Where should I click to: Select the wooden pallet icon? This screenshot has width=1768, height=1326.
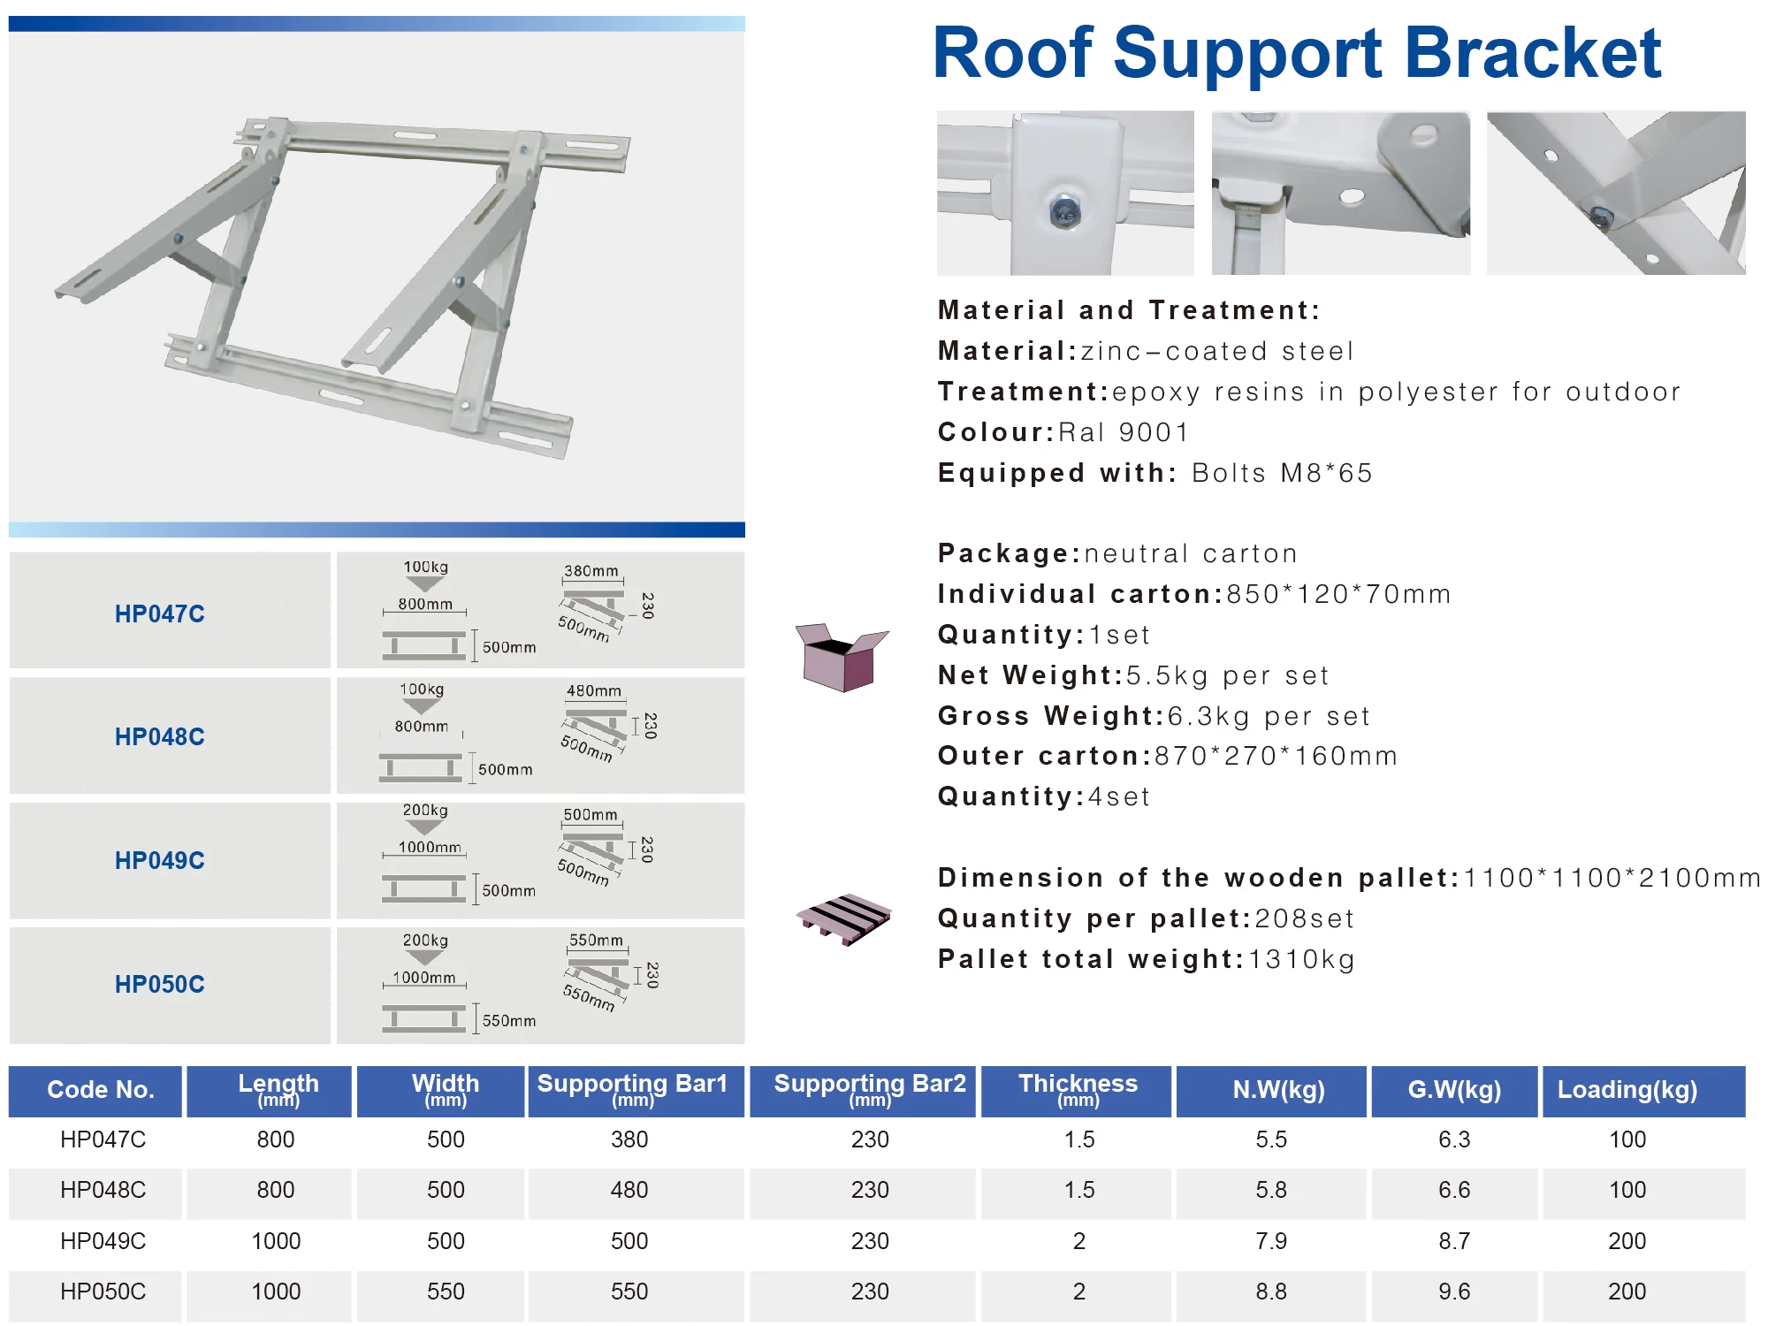coord(844,918)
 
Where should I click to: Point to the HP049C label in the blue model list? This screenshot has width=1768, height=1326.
coord(159,860)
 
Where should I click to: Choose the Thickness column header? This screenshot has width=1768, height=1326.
coord(1078,1090)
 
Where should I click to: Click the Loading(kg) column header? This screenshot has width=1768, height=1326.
coord(1627,1090)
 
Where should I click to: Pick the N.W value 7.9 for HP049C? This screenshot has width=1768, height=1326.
coord(1271,1241)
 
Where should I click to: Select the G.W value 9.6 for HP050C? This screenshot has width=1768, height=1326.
coord(1454,1292)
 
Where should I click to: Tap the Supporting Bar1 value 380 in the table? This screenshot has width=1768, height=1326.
coord(629,1139)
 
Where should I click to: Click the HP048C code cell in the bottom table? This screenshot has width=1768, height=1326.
coord(103,1190)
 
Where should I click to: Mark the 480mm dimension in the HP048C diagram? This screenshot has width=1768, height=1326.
coord(594,690)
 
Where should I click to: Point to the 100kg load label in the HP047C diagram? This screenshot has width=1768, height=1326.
coord(425,567)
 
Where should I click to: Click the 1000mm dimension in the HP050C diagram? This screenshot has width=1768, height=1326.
coord(424,977)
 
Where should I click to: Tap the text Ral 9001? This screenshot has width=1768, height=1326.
coord(1124,432)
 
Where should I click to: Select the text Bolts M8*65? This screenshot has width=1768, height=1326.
coord(1282,473)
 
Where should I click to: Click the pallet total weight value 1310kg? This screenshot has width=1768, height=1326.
coord(1301,959)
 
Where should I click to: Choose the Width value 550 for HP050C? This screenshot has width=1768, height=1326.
coord(446,1292)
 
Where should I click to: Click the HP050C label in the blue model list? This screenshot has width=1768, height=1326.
coord(159,984)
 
